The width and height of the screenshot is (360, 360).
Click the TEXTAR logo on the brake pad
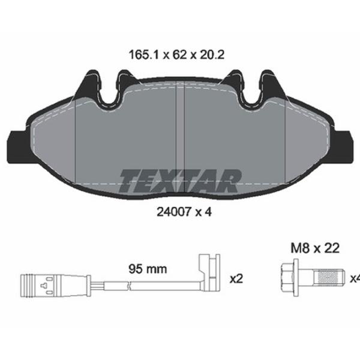[180, 181]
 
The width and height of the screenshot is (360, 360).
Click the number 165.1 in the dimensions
[144, 55]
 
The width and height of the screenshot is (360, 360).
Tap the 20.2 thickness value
[212, 55]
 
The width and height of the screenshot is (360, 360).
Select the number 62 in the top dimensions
[179, 55]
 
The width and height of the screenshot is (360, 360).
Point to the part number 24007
[174, 212]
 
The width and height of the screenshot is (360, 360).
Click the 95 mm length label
[148, 269]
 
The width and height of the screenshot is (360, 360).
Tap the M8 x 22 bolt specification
[315, 248]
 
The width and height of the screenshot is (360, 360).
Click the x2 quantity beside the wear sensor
[236, 279]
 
